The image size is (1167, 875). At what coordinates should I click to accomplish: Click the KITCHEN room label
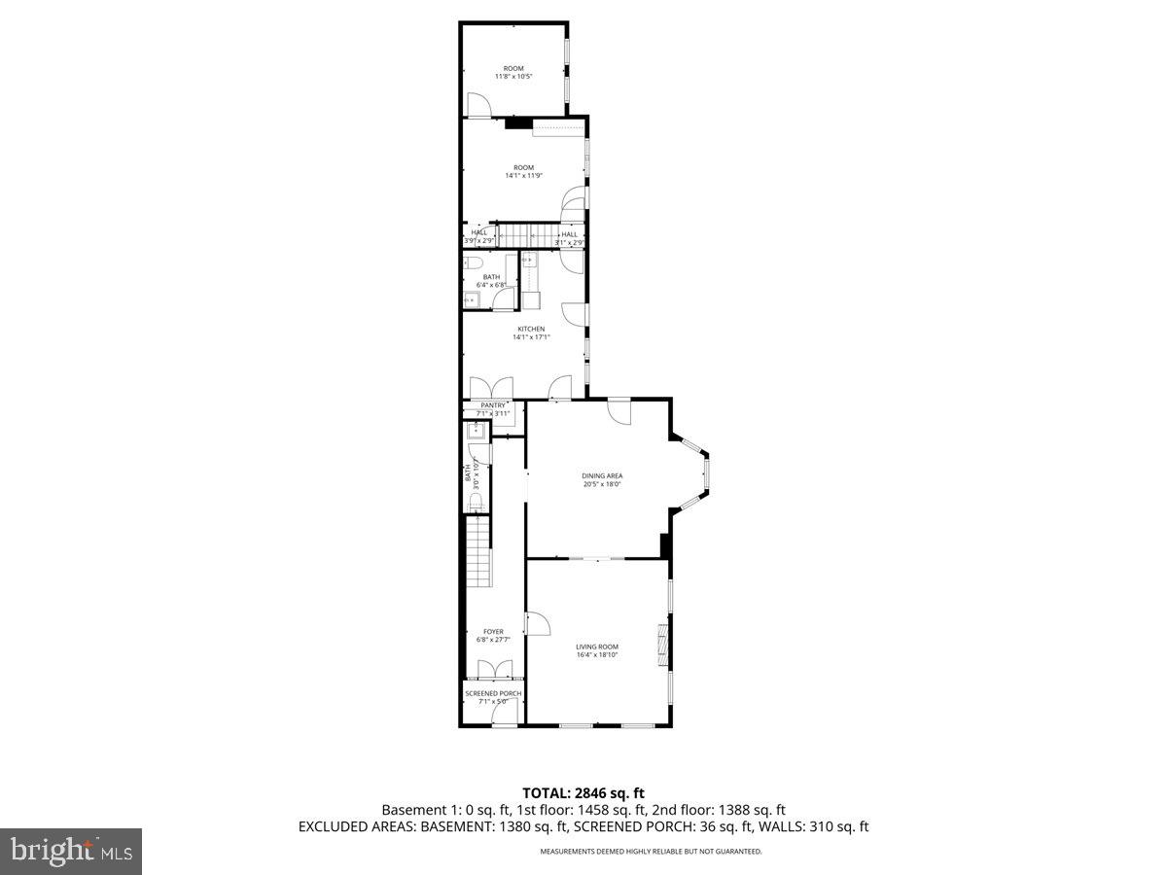[x=531, y=329]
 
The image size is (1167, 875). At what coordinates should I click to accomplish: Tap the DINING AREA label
[x=602, y=475]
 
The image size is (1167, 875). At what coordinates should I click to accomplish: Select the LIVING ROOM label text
[x=596, y=647]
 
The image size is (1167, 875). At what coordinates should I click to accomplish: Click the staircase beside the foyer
[x=478, y=551]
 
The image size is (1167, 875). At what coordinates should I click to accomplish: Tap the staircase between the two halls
[x=525, y=236]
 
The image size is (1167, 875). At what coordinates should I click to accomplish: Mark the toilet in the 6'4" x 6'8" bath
[x=474, y=263]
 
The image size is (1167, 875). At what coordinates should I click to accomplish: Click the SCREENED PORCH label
[x=493, y=693]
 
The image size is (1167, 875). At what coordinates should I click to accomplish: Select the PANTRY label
[x=493, y=405]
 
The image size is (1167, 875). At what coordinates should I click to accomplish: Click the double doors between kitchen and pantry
[x=486, y=388]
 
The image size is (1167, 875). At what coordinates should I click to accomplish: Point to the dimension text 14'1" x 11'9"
[x=523, y=176]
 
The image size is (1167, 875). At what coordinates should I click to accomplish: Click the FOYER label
[x=493, y=631]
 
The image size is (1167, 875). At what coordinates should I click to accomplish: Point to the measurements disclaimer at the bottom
[x=651, y=852]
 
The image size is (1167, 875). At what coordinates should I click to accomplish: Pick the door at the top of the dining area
[x=619, y=409]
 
